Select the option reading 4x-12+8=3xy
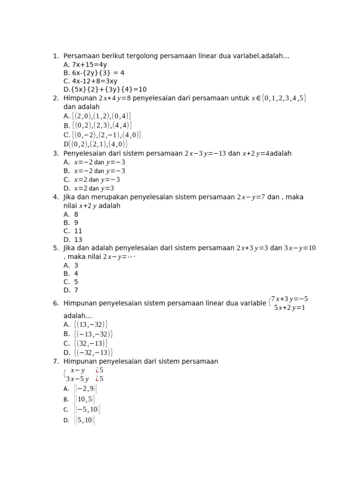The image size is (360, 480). pos(90,81)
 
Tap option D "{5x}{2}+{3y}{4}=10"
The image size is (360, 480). pos(105,90)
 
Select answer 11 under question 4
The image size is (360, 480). pos(78,231)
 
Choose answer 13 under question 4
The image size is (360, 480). pos(78,240)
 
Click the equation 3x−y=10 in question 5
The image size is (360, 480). pos(300,248)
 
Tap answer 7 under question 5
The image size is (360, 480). pos(76,290)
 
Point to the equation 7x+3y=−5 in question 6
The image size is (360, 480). pos(289,299)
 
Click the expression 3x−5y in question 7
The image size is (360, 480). pos(77,379)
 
